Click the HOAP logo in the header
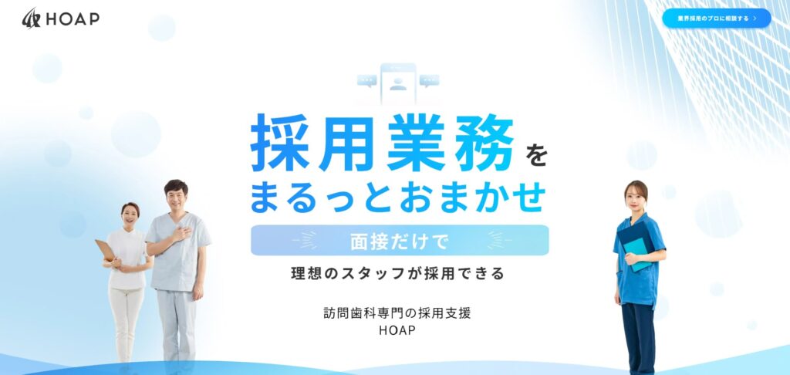(x=60, y=19)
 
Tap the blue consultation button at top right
(x=717, y=19)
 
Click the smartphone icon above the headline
(x=398, y=83)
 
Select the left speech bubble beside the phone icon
(x=366, y=81)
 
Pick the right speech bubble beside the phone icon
(x=429, y=81)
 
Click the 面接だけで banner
(x=400, y=241)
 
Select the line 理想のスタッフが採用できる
(x=397, y=274)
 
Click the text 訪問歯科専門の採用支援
(x=397, y=313)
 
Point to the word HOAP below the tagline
(x=397, y=331)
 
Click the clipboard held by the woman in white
(x=105, y=250)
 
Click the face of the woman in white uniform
(x=130, y=215)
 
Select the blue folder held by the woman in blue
(x=636, y=247)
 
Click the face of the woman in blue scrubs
(x=636, y=198)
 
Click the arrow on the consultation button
(x=755, y=19)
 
